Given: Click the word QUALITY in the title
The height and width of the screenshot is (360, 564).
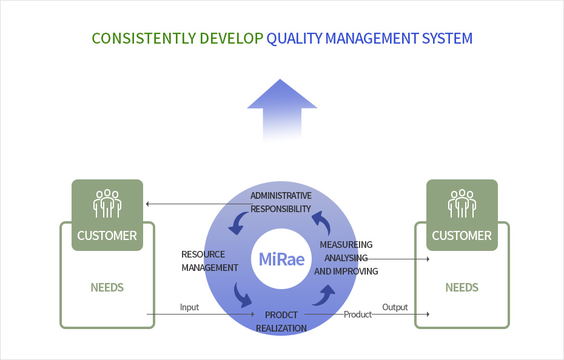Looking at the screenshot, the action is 294,38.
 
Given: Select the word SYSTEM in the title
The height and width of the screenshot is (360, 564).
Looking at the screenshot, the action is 447,38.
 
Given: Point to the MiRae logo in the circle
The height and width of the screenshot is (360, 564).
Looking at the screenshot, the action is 281,259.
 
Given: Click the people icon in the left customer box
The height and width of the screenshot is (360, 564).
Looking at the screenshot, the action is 107,203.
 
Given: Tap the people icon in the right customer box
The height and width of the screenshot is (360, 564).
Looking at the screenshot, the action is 462,203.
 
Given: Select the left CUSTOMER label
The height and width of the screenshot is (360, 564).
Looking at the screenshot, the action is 107,236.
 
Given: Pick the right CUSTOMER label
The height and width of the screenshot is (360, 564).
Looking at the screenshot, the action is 462,236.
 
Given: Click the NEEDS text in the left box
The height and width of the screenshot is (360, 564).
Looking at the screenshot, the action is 107,287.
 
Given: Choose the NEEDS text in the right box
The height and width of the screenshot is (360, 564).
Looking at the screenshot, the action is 462,287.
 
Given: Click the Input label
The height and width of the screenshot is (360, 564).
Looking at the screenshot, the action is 190,307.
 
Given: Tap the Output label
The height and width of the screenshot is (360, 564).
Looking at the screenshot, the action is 395,307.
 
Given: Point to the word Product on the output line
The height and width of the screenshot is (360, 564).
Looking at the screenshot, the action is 358,315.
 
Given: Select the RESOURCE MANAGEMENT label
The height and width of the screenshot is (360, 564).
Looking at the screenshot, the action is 210,261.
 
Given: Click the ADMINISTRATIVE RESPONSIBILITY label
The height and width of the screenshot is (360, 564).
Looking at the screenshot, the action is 281,202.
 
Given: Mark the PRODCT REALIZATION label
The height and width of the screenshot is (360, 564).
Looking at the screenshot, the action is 281,322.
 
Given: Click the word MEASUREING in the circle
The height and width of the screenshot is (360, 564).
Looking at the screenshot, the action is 346,245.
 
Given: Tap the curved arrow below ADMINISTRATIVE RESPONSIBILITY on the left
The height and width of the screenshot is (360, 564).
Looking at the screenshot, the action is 237,223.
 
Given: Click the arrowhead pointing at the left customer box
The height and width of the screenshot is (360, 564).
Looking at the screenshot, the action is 147,204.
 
